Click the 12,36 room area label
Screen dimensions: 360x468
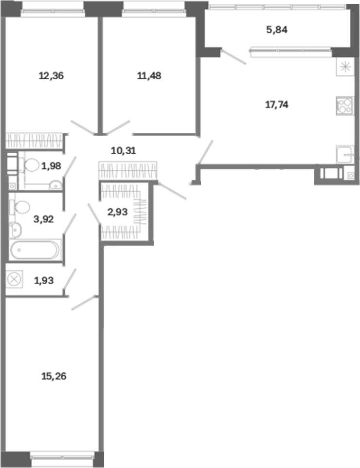(x=51, y=76)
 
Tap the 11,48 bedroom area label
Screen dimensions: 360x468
(x=149, y=76)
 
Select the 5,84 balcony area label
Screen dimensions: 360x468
(x=277, y=30)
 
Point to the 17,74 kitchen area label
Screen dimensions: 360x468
(x=277, y=105)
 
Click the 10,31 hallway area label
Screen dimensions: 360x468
(x=123, y=150)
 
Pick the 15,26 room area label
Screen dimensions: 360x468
(x=54, y=376)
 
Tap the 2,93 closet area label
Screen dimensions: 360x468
(x=117, y=212)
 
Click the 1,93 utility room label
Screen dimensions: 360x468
(x=44, y=281)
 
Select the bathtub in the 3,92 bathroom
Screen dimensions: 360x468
(x=35, y=250)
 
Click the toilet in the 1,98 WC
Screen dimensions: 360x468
(x=29, y=165)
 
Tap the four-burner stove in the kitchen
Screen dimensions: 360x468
(x=345, y=106)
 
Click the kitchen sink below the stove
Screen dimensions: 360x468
(x=345, y=155)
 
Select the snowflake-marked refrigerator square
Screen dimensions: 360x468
(x=345, y=67)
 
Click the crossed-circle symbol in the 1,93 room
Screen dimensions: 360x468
(x=14, y=280)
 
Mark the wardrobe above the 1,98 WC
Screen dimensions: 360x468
(x=35, y=141)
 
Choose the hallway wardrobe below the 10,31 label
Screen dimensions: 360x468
(x=128, y=171)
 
